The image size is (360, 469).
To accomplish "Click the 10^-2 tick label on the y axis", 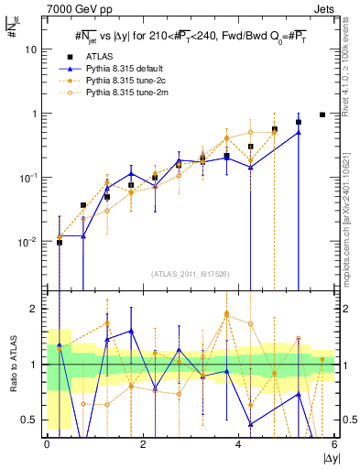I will click(30, 242).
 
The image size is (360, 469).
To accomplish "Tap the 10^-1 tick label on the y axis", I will click(30, 178).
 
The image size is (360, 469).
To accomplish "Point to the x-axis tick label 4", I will click(238, 444).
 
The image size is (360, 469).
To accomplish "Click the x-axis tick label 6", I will click(334, 444).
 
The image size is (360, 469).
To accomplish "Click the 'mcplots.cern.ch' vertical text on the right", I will click(350, 229).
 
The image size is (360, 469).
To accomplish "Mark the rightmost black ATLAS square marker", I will click(322, 115).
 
